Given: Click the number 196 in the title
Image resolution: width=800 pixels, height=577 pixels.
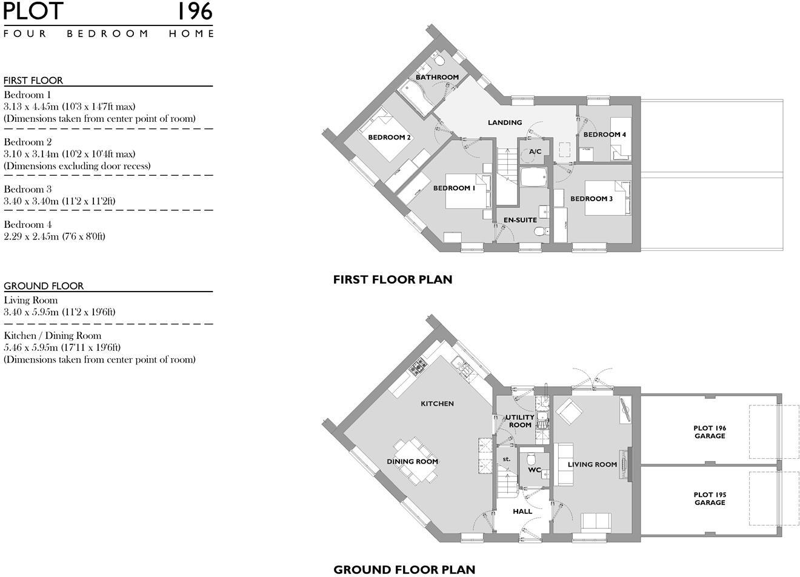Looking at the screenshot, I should tap(195, 12).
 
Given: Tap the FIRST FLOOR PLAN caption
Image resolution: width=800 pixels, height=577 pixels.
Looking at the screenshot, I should tap(392, 279).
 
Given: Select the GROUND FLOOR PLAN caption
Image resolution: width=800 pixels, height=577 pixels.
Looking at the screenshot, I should tap(404, 569).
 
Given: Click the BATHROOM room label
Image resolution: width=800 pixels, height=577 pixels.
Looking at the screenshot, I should tap(437, 77).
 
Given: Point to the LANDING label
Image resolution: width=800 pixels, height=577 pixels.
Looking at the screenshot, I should tap(505, 122).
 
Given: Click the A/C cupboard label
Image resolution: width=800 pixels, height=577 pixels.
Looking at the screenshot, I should tap(535, 152).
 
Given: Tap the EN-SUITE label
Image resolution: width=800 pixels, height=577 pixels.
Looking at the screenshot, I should tap(520, 220).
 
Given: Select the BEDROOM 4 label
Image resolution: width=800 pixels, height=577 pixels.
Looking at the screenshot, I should tap(604, 135).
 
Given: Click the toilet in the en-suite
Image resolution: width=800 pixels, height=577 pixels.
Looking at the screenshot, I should tap(539, 231).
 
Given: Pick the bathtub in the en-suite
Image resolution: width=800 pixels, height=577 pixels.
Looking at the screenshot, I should tap(534, 178).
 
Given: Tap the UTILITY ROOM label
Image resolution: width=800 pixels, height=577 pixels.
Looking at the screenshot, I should tap(520, 421).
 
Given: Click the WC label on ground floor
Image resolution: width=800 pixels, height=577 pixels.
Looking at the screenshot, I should tap(534, 470).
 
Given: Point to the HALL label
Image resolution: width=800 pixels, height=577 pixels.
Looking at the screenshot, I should tap(522, 511).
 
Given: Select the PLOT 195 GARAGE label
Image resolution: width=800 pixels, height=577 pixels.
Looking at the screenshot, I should tap(710, 499).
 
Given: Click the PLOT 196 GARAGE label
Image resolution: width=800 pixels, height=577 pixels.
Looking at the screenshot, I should tap(710, 432).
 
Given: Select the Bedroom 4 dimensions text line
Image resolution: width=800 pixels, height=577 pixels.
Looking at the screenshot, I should tap(55, 236).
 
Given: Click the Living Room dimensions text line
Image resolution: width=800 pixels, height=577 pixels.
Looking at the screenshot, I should tap(59, 312).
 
